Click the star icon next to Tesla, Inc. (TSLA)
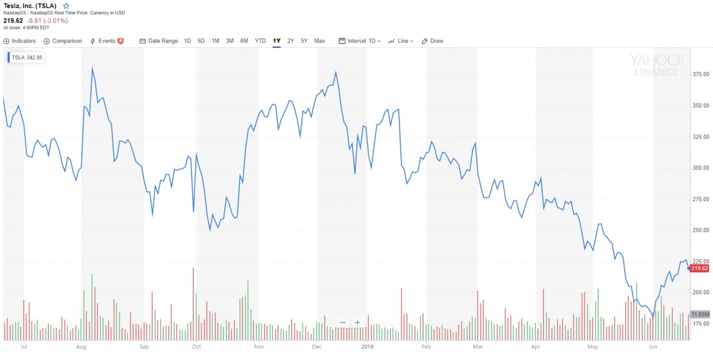[66, 6]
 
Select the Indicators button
[19, 41]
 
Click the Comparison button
[63, 41]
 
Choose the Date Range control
[159, 41]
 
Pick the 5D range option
[201, 41]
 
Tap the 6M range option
[244, 41]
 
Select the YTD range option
[260, 41]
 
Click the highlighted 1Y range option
[276, 41]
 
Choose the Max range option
[319, 41]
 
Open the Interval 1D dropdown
[360, 41]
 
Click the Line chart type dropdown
[401, 41]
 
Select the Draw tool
[433, 41]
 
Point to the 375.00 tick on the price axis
[700, 74]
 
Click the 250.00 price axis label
[700, 230]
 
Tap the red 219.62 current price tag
[699, 268]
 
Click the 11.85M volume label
[700, 314]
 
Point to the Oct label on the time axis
[196, 346]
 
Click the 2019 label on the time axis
[367, 346]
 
